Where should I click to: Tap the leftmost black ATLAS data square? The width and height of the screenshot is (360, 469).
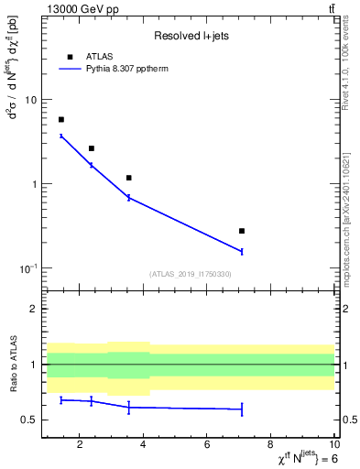(x=61, y=120)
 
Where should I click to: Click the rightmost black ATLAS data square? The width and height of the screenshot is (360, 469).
(x=242, y=231)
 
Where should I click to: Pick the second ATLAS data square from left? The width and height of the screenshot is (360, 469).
(x=92, y=148)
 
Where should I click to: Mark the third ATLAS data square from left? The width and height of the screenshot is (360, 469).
(x=129, y=178)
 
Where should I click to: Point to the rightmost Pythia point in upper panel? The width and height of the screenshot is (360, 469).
(x=242, y=251)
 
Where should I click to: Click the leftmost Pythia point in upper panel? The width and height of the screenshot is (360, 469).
(x=61, y=136)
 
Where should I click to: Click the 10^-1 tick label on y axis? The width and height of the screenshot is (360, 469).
(x=27, y=267)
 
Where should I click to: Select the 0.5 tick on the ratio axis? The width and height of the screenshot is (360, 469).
(x=29, y=420)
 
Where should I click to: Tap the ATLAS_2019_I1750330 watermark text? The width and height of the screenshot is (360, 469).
(x=191, y=274)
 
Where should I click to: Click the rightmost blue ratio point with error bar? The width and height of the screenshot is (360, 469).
(x=242, y=409)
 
